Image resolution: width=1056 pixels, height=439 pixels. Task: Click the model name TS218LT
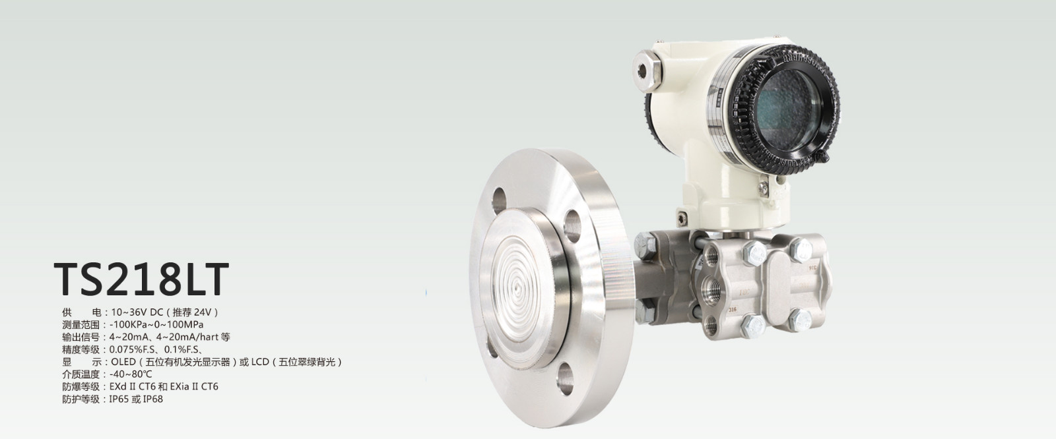coord(141,279)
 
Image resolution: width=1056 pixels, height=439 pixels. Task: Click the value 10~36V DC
coord(136,312)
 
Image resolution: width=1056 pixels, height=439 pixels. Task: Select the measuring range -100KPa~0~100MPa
coord(156,324)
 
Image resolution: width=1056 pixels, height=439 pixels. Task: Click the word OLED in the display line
coord(123,362)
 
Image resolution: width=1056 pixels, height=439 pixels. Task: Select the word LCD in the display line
coord(260,362)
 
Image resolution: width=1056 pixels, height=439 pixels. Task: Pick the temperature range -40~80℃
coord(131,374)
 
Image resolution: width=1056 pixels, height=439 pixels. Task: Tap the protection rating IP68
coord(152,399)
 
